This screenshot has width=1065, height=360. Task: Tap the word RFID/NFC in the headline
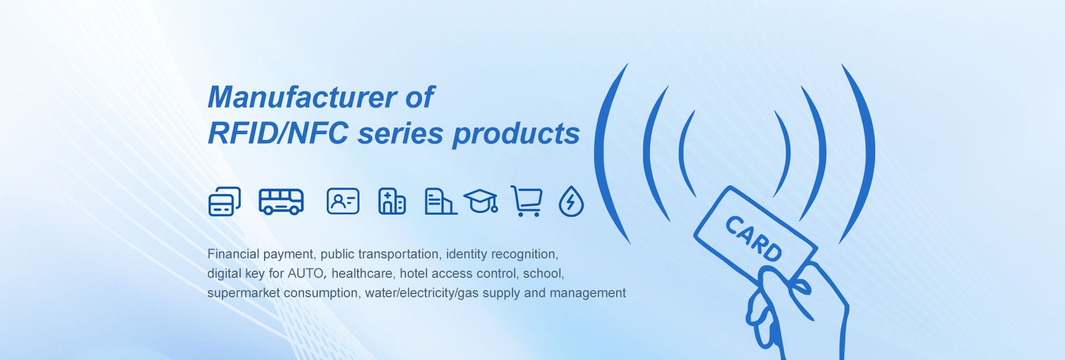click(x=278, y=133)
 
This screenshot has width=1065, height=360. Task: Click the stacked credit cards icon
click(x=225, y=201)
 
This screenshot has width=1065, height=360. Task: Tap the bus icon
click(x=281, y=201)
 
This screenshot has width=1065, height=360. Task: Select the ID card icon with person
click(x=343, y=201)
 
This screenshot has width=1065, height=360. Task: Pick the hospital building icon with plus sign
click(x=392, y=201)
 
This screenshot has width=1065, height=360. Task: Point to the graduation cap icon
click(x=480, y=201)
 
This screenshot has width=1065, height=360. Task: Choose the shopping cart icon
click(x=526, y=201)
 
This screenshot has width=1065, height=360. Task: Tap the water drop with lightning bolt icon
click(x=571, y=201)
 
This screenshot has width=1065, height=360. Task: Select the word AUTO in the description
click(x=305, y=273)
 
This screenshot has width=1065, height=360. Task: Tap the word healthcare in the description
click(x=362, y=273)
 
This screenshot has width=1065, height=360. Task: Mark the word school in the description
click(x=543, y=273)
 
